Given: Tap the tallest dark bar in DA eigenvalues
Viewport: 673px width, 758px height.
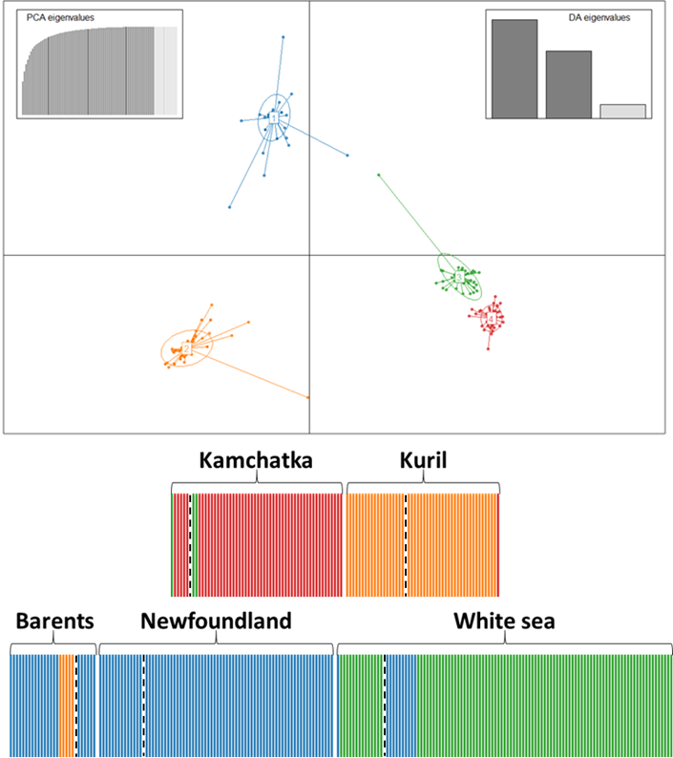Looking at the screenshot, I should point(515,69).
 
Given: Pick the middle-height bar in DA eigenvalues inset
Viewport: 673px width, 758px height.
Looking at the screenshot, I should point(568,84).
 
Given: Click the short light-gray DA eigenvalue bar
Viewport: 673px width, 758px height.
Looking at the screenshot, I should point(622,111).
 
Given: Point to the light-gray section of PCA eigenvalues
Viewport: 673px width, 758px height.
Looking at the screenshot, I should point(166,72).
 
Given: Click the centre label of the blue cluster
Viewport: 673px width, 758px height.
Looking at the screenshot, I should point(273,116).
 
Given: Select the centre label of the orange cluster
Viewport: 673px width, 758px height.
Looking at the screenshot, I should point(187,349).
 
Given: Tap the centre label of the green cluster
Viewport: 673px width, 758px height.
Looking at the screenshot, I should point(459,277).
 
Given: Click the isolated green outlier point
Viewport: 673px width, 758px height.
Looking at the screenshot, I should point(379,175).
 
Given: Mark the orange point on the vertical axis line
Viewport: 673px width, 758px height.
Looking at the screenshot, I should point(308,397).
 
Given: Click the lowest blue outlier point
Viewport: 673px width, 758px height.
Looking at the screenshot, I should point(230,207).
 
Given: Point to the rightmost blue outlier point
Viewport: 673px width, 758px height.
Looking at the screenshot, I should point(347,155).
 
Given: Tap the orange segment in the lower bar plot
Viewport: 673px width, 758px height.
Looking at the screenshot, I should point(66,705).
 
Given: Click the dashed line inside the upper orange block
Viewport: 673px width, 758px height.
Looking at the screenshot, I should point(406,545).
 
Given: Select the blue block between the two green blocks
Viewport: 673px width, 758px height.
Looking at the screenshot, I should point(400,705).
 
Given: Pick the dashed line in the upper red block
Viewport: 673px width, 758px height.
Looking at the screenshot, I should point(191,545).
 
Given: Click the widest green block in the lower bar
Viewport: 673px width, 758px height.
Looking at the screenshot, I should point(544,705).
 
